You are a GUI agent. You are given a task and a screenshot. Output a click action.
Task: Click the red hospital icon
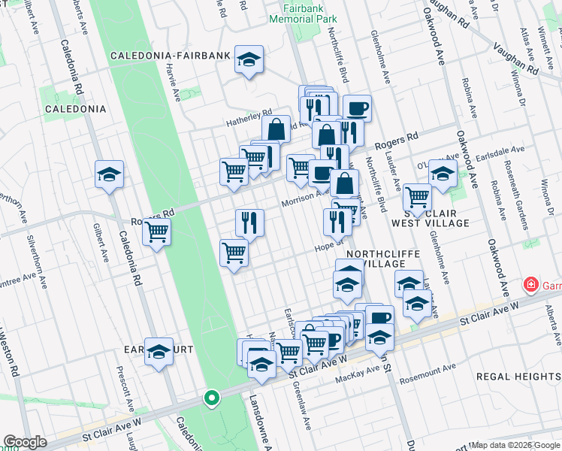(x=531, y=286)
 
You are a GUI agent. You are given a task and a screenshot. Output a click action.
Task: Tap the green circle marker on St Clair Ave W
(x=212, y=398)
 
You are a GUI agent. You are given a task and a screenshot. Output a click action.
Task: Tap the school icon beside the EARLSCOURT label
(x=159, y=351)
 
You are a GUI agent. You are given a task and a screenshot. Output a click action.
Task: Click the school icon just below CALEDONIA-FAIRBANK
(x=249, y=59)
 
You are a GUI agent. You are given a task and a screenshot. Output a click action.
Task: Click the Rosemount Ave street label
(x=428, y=369)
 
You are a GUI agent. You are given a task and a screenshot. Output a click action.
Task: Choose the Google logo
(x=25, y=442)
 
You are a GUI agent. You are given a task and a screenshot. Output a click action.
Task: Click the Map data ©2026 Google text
(x=514, y=445)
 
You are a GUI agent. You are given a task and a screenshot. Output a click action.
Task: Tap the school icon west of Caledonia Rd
(x=109, y=174)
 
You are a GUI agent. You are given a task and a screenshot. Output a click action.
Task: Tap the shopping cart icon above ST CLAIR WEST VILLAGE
(x=417, y=198)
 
